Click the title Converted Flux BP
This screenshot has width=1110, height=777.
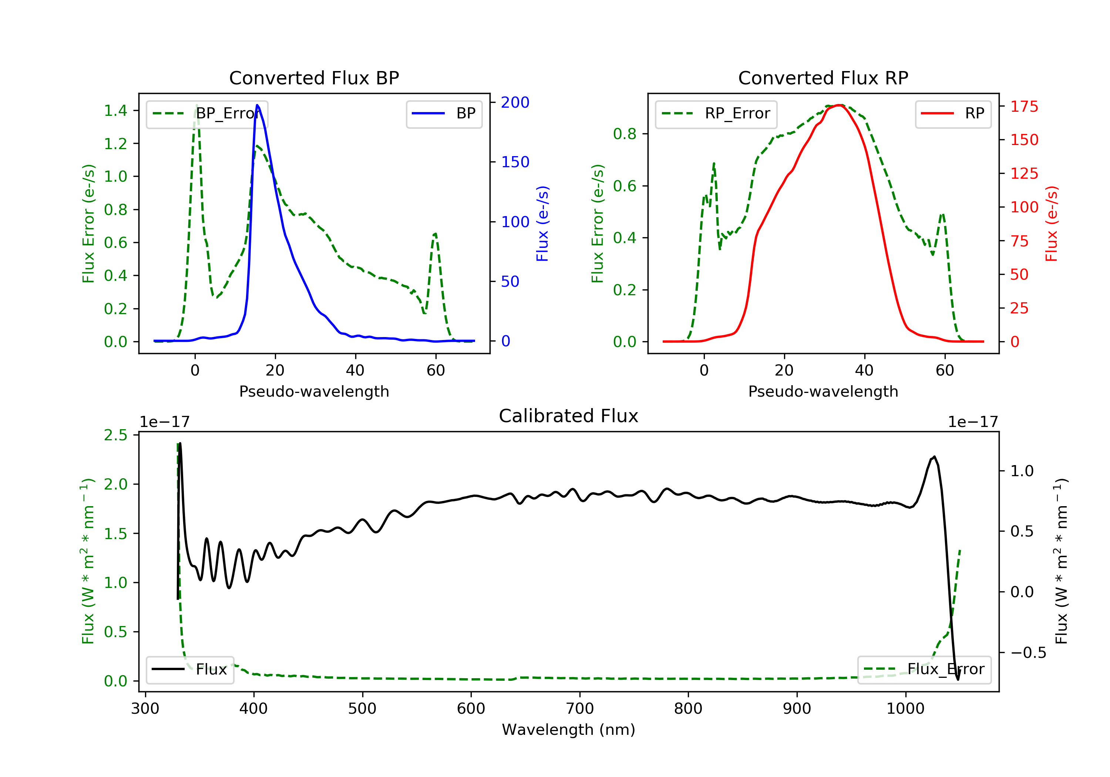point(314,78)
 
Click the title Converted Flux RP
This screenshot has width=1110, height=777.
point(823,78)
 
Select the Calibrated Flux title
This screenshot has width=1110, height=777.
point(569,416)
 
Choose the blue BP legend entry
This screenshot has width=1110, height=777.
point(444,114)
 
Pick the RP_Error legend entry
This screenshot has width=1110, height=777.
point(716,114)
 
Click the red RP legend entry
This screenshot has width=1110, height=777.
point(953,114)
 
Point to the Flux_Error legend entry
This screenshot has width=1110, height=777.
point(924,670)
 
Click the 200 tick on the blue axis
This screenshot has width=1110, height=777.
point(515,102)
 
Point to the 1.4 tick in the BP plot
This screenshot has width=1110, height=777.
point(115,111)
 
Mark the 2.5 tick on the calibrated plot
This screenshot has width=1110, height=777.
point(115,435)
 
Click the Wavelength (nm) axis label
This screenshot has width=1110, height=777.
point(569,730)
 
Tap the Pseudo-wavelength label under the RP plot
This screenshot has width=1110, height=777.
point(823,391)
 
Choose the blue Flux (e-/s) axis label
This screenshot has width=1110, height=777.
point(542,224)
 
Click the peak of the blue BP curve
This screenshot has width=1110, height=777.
point(257,105)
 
